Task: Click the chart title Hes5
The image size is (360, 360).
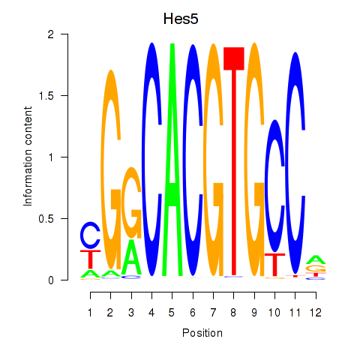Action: point(181,19)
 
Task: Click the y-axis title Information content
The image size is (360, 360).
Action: point(28,156)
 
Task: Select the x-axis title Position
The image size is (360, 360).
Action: point(202,333)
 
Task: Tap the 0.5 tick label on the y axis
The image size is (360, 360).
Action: point(46,219)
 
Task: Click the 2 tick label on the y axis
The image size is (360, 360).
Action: point(51,34)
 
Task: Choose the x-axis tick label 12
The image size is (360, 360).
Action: point(316,313)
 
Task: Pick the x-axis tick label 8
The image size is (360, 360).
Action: point(233,313)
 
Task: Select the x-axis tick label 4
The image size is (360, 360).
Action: point(151,313)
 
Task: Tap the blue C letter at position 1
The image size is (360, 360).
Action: point(90,235)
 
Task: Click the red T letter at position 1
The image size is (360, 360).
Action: point(90,259)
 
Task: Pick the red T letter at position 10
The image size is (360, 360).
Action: point(274,265)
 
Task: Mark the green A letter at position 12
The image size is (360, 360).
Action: point(316,260)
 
